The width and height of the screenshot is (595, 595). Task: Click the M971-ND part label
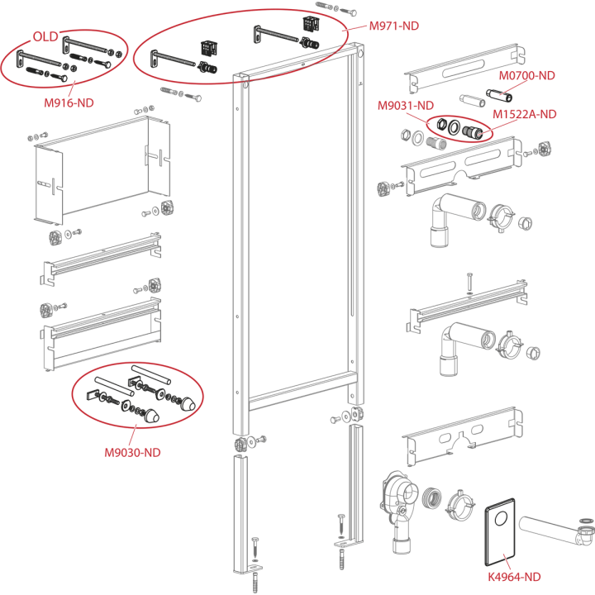[394, 26]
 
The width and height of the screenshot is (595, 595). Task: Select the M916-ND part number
[69, 102]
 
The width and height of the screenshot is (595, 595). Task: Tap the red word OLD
[45, 37]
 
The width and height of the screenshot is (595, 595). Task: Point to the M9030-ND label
[132, 452]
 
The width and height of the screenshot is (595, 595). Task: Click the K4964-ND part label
[514, 577]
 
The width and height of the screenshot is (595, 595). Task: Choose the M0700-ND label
[526, 75]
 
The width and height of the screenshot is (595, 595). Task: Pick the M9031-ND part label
[405, 106]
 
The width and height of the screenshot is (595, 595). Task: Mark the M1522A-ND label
[525, 114]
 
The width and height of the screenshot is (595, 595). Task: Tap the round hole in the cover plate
[502, 518]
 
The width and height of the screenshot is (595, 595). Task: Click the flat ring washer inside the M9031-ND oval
[454, 127]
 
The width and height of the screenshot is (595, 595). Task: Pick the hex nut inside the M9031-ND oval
[441, 124]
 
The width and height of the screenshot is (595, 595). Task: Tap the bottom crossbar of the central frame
[302, 391]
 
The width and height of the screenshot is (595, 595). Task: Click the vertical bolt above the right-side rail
[469, 282]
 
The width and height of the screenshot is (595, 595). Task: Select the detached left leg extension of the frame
[241, 512]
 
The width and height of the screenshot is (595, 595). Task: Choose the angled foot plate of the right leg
[347, 544]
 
